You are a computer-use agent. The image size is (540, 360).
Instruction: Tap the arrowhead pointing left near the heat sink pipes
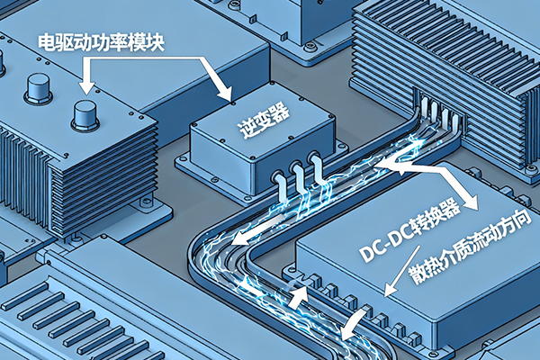tap(383, 165)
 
